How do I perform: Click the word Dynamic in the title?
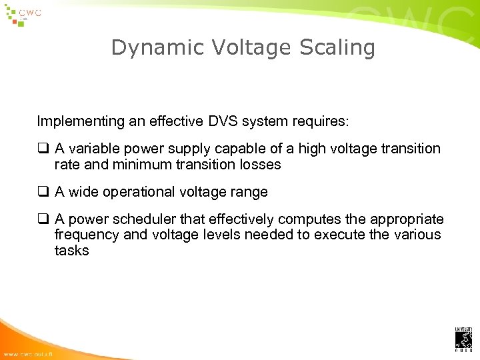point(146,48)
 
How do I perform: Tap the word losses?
point(259,164)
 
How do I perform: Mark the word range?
point(247,192)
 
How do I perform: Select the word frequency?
point(84,235)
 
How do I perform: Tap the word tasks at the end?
point(71,250)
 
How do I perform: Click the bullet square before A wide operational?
point(43,192)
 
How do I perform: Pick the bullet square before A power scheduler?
point(43,219)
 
